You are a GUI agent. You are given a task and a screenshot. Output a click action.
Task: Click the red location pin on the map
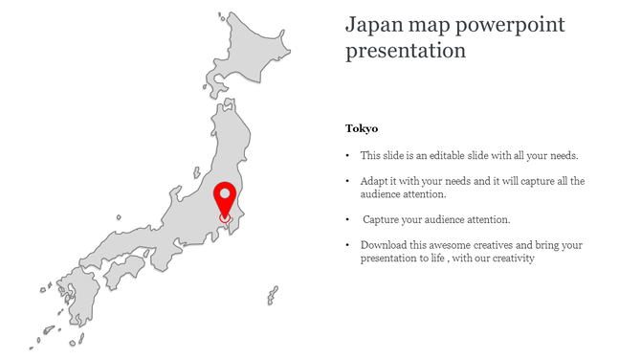pyautogui.click(x=225, y=200)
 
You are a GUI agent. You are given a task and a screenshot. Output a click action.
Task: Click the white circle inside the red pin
pyautogui.click(x=225, y=194)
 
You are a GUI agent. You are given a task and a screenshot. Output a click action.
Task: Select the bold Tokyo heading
pyautogui.click(x=362, y=128)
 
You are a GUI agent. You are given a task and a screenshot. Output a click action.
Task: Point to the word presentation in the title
pyautogui.click(x=406, y=50)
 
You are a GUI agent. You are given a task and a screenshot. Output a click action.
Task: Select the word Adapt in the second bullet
pyautogui.click(x=375, y=180)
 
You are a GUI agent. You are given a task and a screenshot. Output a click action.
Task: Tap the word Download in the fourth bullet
pyautogui.click(x=384, y=245)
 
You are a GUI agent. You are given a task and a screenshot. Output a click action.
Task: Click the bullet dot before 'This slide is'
pyautogui.click(x=347, y=154)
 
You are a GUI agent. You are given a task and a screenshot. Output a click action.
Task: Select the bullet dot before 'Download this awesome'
pyautogui.click(x=347, y=245)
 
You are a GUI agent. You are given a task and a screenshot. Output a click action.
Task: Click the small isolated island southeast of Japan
pyautogui.click(x=273, y=294)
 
